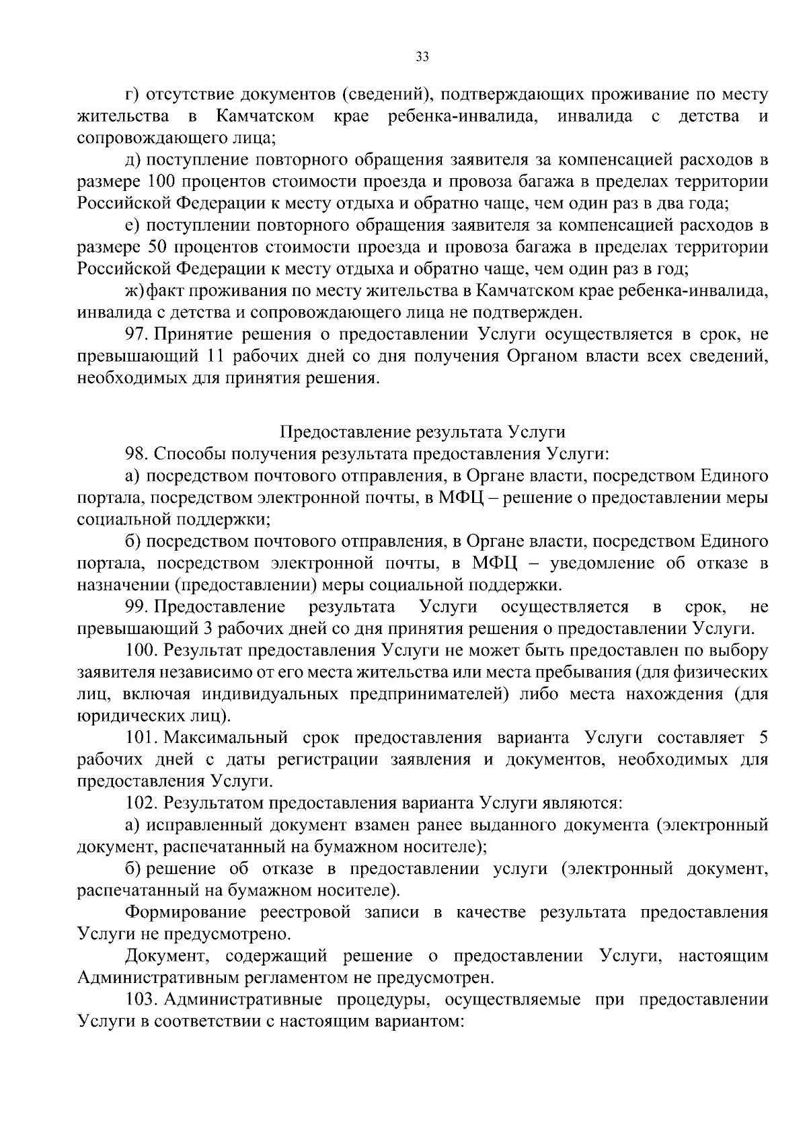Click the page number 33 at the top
tap(422, 57)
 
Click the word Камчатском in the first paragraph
tap(265, 117)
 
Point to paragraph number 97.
tap(136, 335)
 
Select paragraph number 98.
tap(137, 454)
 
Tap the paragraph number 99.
tap(137, 607)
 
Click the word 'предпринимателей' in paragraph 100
tap(425, 695)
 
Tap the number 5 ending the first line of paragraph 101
tap(763, 738)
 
